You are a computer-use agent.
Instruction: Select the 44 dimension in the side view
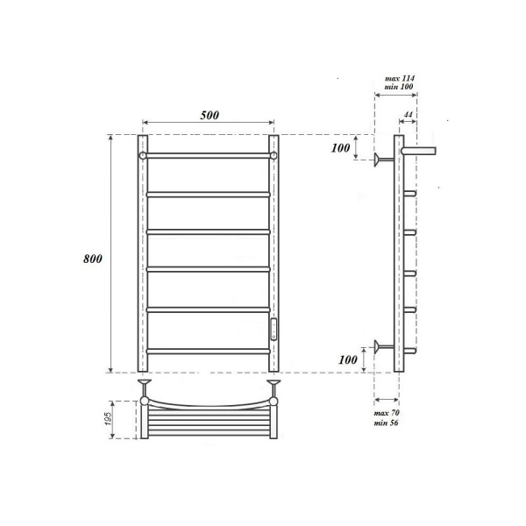[x=409, y=115]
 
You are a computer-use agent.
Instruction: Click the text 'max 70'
[x=386, y=411]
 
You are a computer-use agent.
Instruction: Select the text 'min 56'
[x=386, y=423]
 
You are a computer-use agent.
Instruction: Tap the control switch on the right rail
[x=274, y=329]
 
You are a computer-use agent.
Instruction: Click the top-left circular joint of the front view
[x=143, y=155]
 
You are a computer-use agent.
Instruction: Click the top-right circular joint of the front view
[x=274, y=155]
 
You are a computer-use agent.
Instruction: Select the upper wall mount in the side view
[x=381, y=159]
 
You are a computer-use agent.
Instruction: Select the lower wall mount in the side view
[x=381, y=345]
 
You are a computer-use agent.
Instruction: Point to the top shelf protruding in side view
[x=420, y=151]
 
